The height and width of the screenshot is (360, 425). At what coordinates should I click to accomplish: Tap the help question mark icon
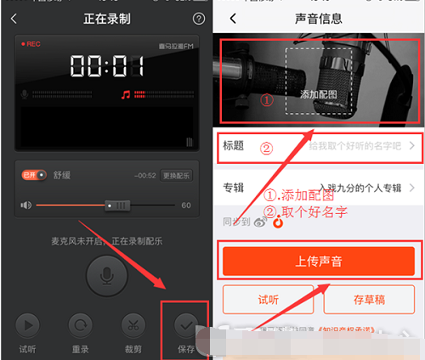pos(198,19)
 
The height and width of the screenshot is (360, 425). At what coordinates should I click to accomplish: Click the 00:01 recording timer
pos(104,66)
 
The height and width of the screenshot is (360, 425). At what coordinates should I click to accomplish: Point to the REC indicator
pos(33,43)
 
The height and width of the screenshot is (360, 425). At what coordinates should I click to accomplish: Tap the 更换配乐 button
pos(177,176)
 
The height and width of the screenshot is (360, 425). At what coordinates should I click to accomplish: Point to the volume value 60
pos(186,205)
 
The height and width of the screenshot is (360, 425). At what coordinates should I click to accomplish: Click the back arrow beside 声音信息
pos(233,19)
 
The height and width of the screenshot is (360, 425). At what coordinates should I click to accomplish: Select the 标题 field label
pos(234,146)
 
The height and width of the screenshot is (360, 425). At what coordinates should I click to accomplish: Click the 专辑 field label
pos(234,188)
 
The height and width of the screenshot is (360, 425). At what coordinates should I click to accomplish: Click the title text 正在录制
pos(108,19)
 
